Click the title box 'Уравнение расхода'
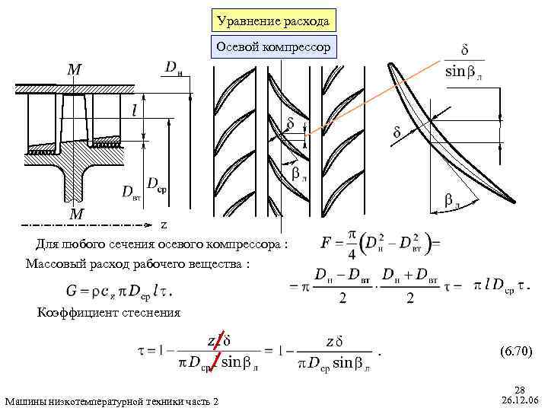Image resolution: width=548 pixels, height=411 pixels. [x=273, y=21]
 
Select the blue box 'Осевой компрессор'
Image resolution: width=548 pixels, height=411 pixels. [x=273, y=48]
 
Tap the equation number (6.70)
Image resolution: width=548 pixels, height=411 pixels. [x=517, y=351]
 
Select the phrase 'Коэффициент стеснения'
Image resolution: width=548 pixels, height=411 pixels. [x=108, y=312]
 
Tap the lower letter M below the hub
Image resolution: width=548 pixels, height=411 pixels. [x=76, y=215]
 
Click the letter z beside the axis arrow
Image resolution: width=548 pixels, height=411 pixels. [x=163, y=225]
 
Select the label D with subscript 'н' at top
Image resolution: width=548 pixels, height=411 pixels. [x=176, y=68]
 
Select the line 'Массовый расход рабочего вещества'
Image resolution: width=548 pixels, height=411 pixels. [x=136, y=263]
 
